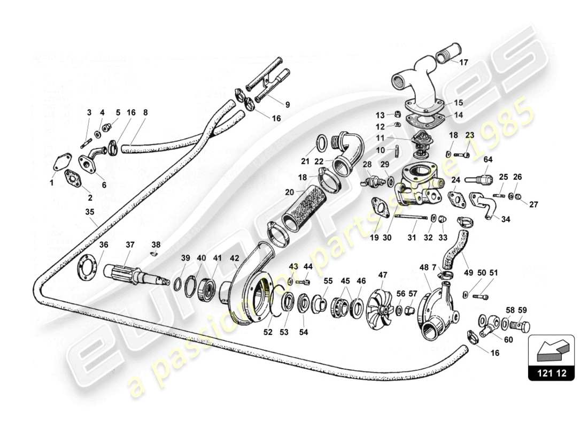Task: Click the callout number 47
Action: coord(383,275)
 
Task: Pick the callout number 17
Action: coord(463,62)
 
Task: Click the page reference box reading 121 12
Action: coord(551,372)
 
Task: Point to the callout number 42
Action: coord(234,258)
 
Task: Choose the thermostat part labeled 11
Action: coord(419,139)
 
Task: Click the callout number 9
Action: coord(287,105)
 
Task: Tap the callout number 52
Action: coord(268,332)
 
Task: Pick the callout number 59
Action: coord(522,309)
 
